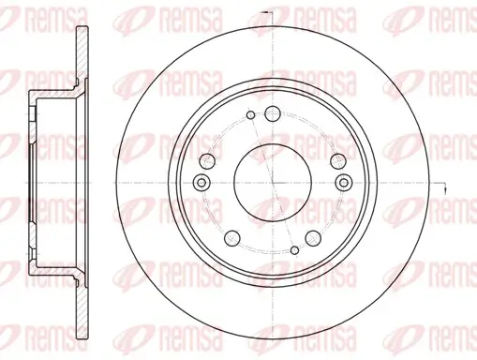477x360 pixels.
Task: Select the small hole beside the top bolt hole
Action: pyautogui.click(x=249, y=117)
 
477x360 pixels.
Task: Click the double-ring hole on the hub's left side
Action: pyautogui.click(x=200, y=183)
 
